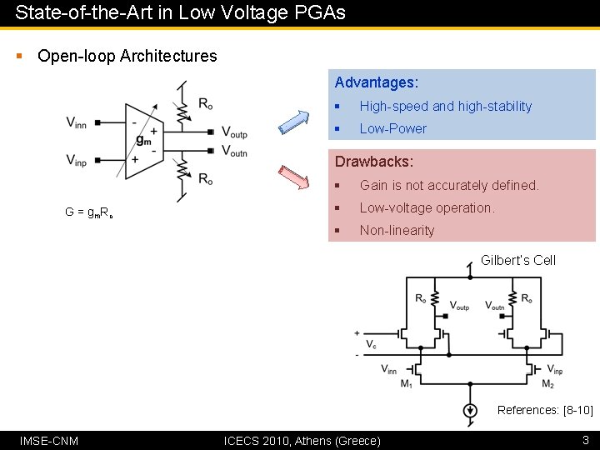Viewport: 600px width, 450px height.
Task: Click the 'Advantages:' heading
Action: (x=376, y=82)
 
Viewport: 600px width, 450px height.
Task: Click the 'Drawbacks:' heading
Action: (x=374, y=162)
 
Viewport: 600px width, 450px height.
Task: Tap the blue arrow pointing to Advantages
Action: (x=292, y=121)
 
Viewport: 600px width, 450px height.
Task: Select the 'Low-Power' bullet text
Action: (x=392, y=128)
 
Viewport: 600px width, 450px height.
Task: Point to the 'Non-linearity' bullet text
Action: (x=397, y=230)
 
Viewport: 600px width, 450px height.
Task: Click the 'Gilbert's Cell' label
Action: (x=517, y=260)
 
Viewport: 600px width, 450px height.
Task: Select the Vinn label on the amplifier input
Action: (x=77, y=123)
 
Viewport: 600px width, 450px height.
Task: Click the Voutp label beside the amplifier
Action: (x=234, y=132)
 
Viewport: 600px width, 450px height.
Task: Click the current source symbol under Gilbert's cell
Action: (x=471, y=410)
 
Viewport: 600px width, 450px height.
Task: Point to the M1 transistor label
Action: (x=406, y=384)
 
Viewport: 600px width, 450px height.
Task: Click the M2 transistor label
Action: (x=547, y=384)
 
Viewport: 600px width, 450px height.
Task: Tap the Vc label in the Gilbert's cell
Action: (x=371, y=343)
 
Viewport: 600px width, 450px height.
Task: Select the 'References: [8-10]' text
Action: (x=545, y=410)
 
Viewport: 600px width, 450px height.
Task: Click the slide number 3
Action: (x=586, y=439)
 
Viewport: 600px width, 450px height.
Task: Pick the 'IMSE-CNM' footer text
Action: (x=49, y=440)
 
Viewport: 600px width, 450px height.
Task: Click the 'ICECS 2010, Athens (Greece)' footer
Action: (x=302, y=440)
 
